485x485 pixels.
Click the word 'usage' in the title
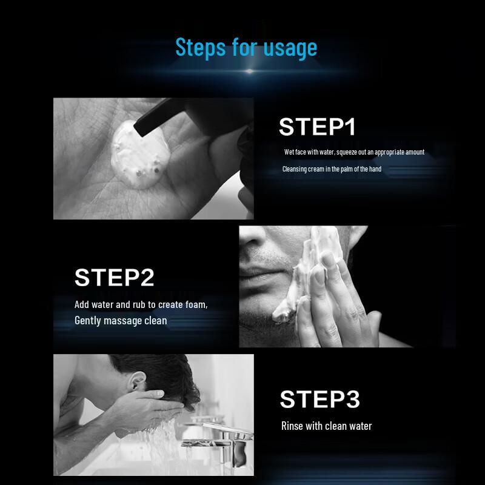(290, 48)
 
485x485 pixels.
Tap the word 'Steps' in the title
(201, 47)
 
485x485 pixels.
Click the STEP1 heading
(317, 127)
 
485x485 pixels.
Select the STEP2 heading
(114, 278)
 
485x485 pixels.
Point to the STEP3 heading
(320, 399)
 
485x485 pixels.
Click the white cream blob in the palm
(140, 155)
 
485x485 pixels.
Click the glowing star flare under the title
(249, 72)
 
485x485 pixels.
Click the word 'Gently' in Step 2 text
(87, 321)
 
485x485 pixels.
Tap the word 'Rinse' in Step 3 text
(292, 426)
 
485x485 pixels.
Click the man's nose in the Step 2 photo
(253, 239)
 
